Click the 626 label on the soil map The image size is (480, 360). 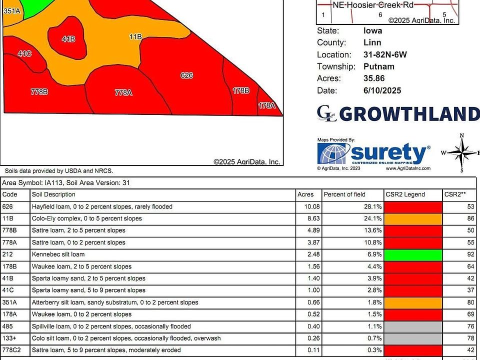[186, 75]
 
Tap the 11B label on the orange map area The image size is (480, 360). [135, 37]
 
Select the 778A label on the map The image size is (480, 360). [123, 92]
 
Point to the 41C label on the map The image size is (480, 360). [24, 53]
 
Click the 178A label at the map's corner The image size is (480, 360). [266, 105]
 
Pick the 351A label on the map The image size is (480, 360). [11, 10]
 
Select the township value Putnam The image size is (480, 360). [378, 66]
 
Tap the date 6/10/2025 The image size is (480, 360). [382, 90]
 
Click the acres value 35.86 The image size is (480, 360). [374, 78]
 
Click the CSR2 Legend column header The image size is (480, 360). [405, 194]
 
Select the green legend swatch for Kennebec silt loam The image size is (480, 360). [413, 254]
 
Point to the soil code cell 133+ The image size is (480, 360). [10, 338]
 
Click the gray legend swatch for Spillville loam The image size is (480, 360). [413, 326]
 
